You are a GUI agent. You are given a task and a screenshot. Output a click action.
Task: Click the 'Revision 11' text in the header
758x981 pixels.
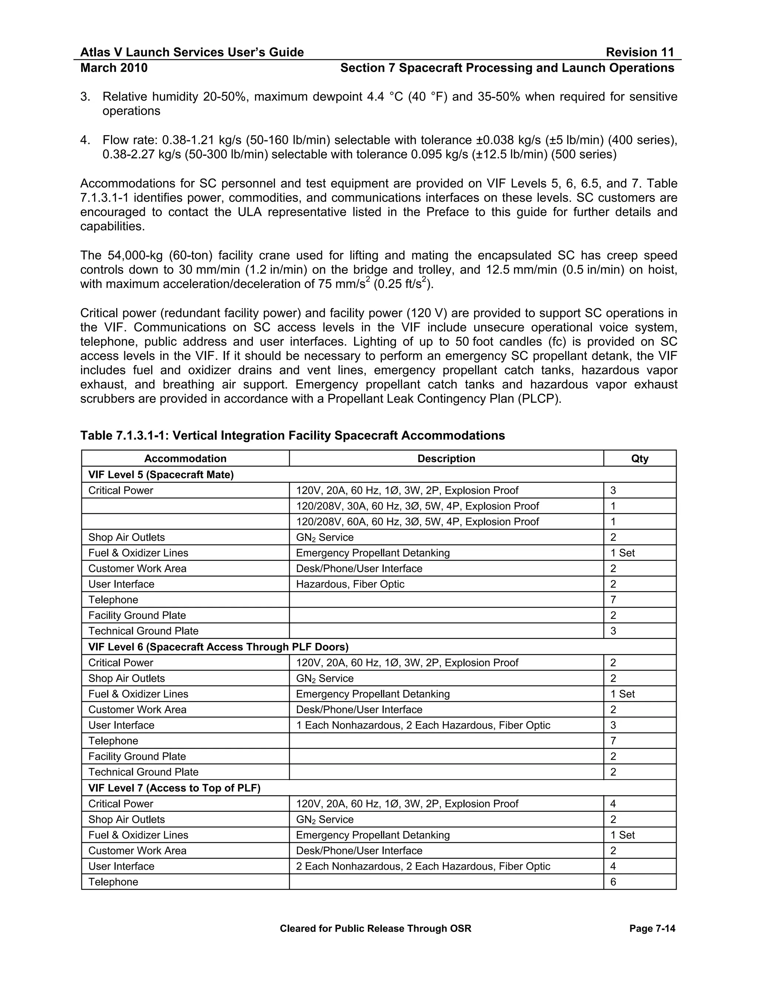[640, 53]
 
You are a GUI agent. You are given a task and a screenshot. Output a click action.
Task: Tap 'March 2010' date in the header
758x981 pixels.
[114, 68]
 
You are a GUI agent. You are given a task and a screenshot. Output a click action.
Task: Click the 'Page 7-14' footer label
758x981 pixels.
[652, 928]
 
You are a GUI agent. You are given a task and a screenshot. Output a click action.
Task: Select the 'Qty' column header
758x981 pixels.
[640, 459]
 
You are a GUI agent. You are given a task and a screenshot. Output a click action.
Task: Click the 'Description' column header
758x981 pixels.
[446, 459]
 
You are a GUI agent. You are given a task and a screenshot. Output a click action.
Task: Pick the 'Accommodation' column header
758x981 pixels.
[185, 459]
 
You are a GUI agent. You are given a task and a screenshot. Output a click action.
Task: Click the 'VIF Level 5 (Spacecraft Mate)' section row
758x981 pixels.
[161, 475]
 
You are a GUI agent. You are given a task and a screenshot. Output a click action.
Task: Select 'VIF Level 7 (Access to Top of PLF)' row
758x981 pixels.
[174, 788]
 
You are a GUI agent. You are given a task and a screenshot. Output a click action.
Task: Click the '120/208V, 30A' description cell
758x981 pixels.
[417, 506]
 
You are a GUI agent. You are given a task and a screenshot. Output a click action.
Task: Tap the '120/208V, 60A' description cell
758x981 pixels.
[417, 522]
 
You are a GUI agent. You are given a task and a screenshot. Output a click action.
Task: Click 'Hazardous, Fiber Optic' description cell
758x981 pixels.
[350, 585]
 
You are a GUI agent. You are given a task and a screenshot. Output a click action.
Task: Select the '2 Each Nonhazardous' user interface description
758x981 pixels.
[423, 867]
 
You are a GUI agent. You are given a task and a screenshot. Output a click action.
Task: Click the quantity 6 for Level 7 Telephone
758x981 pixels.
[613, 882]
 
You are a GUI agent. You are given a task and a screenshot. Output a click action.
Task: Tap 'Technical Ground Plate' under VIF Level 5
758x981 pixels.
[143, 631]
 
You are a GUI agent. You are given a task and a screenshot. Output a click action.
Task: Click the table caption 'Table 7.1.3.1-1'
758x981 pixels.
[292, 435]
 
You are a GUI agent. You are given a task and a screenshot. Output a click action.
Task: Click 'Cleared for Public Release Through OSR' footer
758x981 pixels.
[375, 928]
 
